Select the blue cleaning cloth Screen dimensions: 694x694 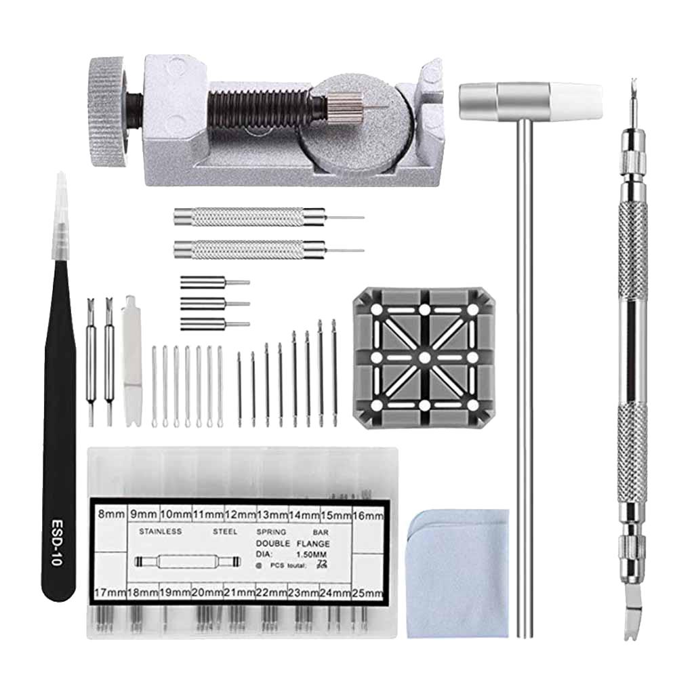pyautogui.click(x=458, y=573)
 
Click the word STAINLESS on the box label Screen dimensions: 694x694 pyautogui.click(x=160, y=532)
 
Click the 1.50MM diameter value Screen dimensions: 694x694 pyautogui.click(x=311, y=554)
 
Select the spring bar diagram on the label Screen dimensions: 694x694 pyautogui.click(x=188, y=562)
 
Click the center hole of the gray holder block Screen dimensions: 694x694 pyautogui.click(x=424, y=356)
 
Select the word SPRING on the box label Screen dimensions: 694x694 pyautogui.click(x=272, y=532)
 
